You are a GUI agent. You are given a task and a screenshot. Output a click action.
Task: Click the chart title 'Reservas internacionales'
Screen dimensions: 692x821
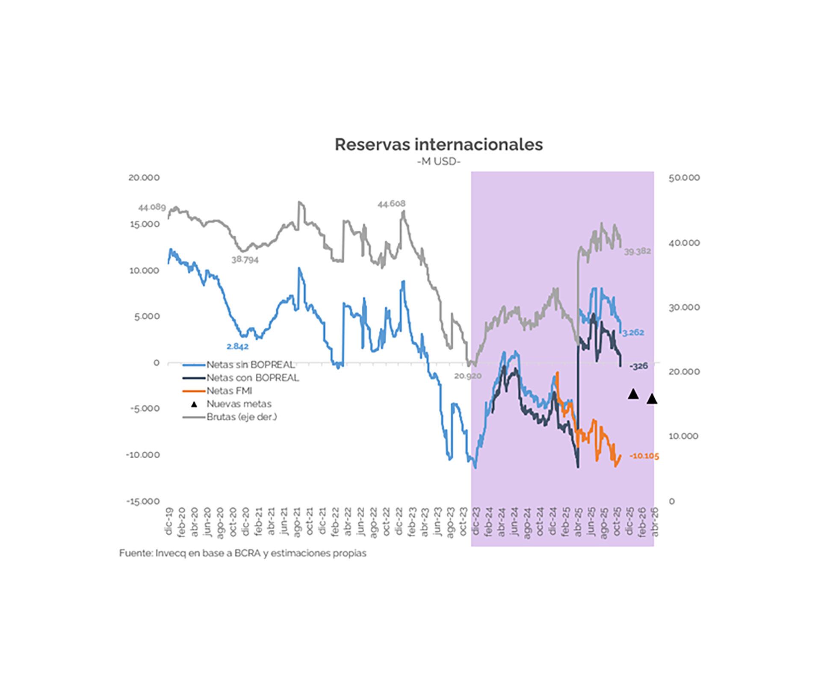[x=438, y=144]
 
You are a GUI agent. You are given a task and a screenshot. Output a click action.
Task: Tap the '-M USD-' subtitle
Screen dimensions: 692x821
[x=439, y=162]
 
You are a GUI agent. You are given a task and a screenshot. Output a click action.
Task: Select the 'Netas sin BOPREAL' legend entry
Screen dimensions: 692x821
[x=251, y=365]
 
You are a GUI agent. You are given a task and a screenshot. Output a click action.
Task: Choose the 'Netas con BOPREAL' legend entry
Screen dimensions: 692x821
[x=253, y=378]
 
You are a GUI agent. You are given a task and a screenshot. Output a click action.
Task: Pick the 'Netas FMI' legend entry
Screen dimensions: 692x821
[x=229, y=391]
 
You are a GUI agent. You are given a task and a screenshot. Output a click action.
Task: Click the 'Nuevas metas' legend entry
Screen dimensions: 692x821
[x=239, y=404]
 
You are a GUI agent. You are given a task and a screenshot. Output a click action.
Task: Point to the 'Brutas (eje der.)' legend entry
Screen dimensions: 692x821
[x=242, y=417]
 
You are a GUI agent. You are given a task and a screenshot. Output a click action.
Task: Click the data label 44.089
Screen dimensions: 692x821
[x=152, y=208]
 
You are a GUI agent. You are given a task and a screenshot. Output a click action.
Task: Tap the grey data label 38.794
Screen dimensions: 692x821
[x=245, y=259]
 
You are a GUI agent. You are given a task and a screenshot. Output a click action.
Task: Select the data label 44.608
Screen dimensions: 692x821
[x=391, y=204]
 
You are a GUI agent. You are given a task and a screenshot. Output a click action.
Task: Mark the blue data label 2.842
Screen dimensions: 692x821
[x=238, y=346]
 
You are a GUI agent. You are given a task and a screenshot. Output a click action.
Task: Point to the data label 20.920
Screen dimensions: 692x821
[x=468, y=376]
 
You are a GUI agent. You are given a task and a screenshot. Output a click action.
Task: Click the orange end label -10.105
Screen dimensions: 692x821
[x=644, y=456]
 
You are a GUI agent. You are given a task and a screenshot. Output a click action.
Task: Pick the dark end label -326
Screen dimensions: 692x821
[x=639, y=366]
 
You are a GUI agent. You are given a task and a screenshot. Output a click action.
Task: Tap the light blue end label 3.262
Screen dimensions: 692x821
[x=633, y=333]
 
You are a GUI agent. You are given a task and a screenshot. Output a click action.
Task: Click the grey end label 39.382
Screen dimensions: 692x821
[x=637, y=251]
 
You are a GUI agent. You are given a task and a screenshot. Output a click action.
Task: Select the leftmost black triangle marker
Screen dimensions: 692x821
[x=633, y=394]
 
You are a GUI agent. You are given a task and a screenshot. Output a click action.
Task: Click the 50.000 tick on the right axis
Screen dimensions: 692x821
[x=684, y=178]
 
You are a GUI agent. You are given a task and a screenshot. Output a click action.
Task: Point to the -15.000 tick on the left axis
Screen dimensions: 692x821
[x=143, y=501]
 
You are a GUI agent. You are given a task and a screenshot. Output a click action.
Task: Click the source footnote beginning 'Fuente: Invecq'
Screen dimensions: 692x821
[x=242, y=553]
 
